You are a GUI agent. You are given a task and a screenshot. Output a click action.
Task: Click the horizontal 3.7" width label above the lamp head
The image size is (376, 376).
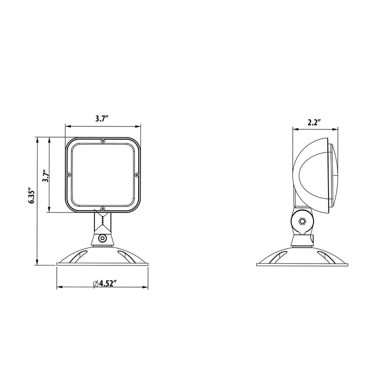point(102,119)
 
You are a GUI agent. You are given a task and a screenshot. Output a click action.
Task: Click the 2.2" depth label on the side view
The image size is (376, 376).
point(314,122)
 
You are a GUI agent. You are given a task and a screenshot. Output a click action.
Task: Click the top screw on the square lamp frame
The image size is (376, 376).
point(103,141)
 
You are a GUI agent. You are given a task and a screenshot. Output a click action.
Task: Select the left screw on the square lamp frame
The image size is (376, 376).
point(69,174)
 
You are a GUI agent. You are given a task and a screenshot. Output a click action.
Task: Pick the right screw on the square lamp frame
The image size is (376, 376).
point(137,174)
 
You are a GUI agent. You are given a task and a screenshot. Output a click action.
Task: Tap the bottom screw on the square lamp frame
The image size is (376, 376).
point(103,209)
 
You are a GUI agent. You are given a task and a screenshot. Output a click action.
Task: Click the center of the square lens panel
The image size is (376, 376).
point(103,174)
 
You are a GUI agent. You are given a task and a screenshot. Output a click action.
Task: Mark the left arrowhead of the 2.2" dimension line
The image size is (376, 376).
point(295,128)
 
